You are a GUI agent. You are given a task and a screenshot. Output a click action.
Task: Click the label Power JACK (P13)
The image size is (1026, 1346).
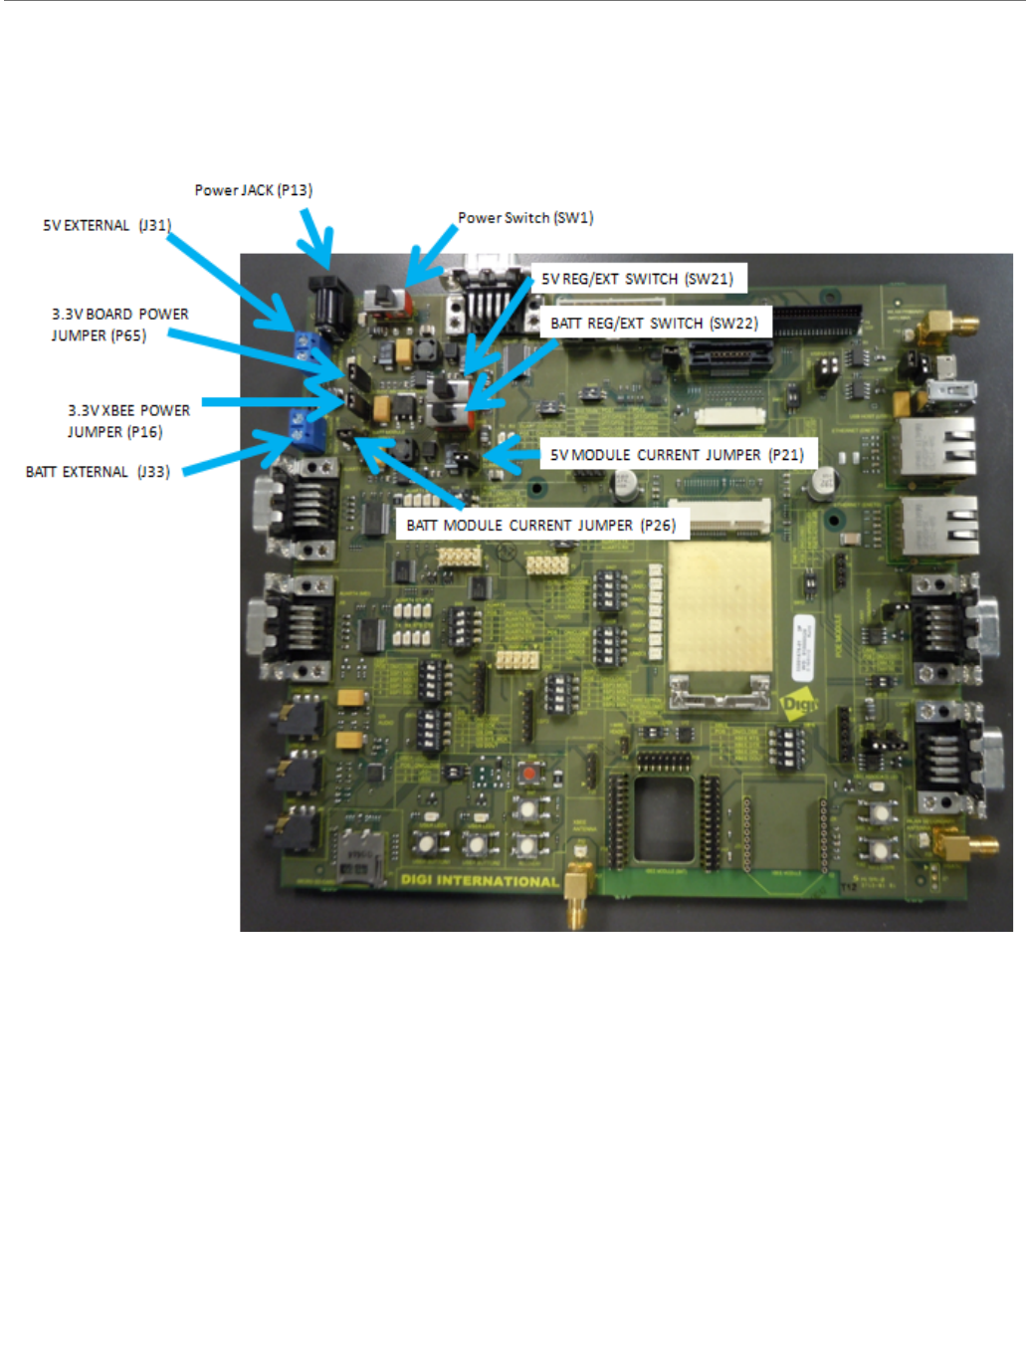253,190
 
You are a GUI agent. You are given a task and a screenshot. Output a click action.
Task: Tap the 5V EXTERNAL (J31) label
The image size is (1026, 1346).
106,225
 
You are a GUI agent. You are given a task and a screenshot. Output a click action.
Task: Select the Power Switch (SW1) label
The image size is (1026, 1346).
525,218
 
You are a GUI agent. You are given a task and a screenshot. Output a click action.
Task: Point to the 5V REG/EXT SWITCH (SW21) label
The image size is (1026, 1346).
637,279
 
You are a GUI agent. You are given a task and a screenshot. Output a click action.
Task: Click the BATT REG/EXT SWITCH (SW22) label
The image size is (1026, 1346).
654,323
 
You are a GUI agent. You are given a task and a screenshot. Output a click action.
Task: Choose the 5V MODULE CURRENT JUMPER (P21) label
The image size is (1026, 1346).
677,455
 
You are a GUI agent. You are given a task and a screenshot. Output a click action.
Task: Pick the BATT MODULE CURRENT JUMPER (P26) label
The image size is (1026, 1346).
540,525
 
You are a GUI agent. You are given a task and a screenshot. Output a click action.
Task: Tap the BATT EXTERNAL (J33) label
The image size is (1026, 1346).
98,472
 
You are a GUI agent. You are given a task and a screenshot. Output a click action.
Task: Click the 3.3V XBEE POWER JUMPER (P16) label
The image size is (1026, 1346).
128,421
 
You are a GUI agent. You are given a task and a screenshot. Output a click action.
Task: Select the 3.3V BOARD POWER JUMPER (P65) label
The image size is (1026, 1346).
119,325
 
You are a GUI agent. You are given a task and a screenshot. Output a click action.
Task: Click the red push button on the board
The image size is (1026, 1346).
529,774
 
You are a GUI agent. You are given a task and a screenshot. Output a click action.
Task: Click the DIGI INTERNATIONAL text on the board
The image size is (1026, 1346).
479,881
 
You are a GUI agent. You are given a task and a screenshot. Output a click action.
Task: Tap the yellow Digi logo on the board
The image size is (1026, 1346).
798,705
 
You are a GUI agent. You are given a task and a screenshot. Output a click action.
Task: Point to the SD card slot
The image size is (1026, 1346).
360,854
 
